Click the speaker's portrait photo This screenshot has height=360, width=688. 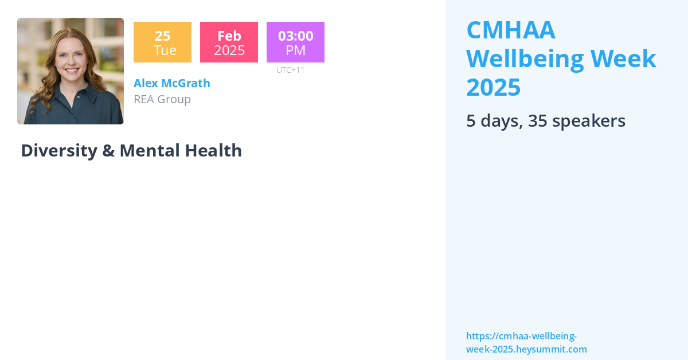[x=71, y=71]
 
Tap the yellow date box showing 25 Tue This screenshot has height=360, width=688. [x=162, y=42]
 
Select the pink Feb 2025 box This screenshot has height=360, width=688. [x=229, y=42]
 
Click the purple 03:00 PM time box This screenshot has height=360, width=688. [x=295, y=42]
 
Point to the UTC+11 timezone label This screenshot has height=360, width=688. [x=291, y=70]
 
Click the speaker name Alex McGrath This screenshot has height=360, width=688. [x=172, y=83]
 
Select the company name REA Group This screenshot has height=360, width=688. [x=162, y=99]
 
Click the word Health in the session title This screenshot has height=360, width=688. [x=213, y=151]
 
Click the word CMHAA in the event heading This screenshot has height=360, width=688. [x=511, y=30]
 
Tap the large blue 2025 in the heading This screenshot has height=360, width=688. [x=494, y=87]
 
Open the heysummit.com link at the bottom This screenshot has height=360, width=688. [x=526, y=343]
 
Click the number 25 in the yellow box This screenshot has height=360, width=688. [x=163, y=36]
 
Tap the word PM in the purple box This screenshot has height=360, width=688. [x=295, y=50]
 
